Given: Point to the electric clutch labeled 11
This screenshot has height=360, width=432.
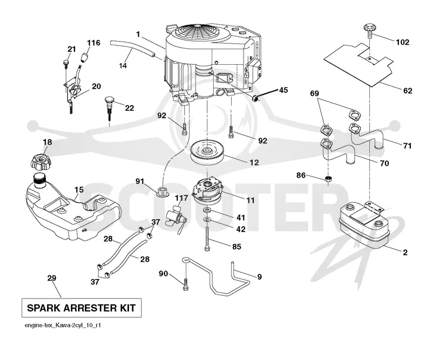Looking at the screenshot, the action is coord(207,191).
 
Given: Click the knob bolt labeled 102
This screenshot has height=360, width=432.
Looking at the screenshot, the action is coord(369,31).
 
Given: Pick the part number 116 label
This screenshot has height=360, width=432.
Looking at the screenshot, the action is coord(93,43).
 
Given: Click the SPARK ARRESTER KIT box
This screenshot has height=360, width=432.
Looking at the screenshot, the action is coord(82,308).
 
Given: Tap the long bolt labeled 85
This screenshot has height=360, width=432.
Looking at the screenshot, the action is coord(207,239).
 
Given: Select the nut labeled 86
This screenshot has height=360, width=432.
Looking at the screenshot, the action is coord(328,179).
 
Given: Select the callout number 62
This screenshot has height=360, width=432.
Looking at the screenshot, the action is coord(408,91).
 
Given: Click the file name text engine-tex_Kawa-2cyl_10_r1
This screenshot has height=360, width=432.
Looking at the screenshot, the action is coord(63,325).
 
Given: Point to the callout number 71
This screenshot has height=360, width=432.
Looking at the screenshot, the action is coord(407,145).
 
